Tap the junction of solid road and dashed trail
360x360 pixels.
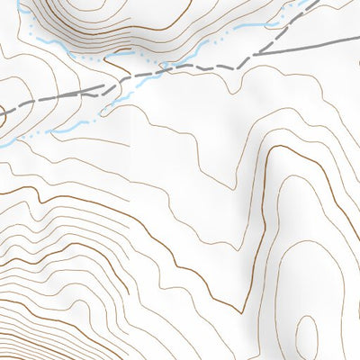(255, 54)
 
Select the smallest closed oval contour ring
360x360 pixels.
(306, 332)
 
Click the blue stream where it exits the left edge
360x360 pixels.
(3, 142)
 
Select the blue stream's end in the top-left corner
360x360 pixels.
(20, 4)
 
